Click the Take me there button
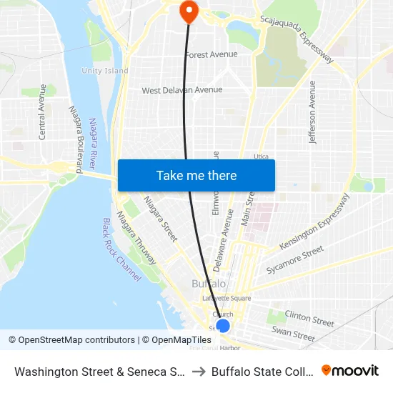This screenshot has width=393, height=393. click(196, 175)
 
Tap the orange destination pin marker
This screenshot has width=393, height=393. click(189, 10)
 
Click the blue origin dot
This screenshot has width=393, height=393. click(223, 326)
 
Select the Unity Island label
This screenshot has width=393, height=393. click(105, 71)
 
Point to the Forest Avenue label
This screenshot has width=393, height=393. click(211, 54)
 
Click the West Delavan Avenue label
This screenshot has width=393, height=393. click(181, 91)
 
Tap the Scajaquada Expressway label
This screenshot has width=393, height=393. click(297, 41)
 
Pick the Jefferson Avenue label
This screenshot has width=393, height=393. click(312, 112)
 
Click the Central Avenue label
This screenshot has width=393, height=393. click(43, 111)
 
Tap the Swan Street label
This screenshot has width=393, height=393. click(293, 333)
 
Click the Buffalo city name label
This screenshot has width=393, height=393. click(209, 284)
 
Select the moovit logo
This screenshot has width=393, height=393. click(350, 371)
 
